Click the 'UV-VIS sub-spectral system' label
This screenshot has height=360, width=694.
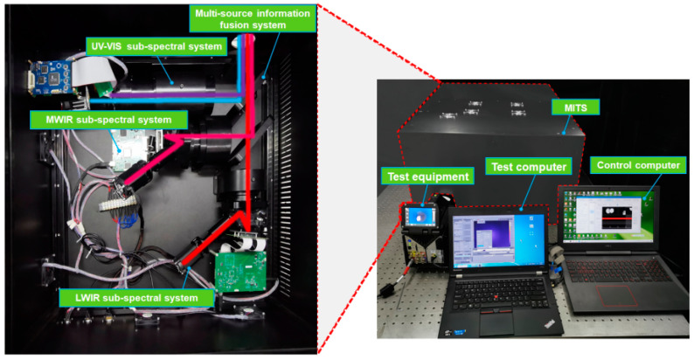(x=156, y=46)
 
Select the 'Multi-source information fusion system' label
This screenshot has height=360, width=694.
(x=253, y=19)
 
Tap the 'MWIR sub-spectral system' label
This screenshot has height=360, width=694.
(x=108, y=120)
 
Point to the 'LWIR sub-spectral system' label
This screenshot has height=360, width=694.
(x=136, y=298)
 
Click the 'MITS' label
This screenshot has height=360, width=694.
(x=576, y=107)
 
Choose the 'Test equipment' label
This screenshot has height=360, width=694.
(x=428, y=177)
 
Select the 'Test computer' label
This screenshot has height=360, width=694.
(x=529, y=167)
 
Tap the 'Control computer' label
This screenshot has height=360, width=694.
(x=638, y=165)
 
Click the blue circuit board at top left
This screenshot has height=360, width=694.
(x=50, y=79)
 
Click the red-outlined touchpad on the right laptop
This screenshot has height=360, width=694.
(x=616, y=295)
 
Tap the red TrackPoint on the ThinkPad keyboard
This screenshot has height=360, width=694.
(x=496, y=297)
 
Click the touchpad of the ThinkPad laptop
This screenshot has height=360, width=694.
(x=497, y=323)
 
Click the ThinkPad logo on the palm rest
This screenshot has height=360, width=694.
(x=549, y=325)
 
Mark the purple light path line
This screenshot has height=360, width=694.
(x=177, y=95)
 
